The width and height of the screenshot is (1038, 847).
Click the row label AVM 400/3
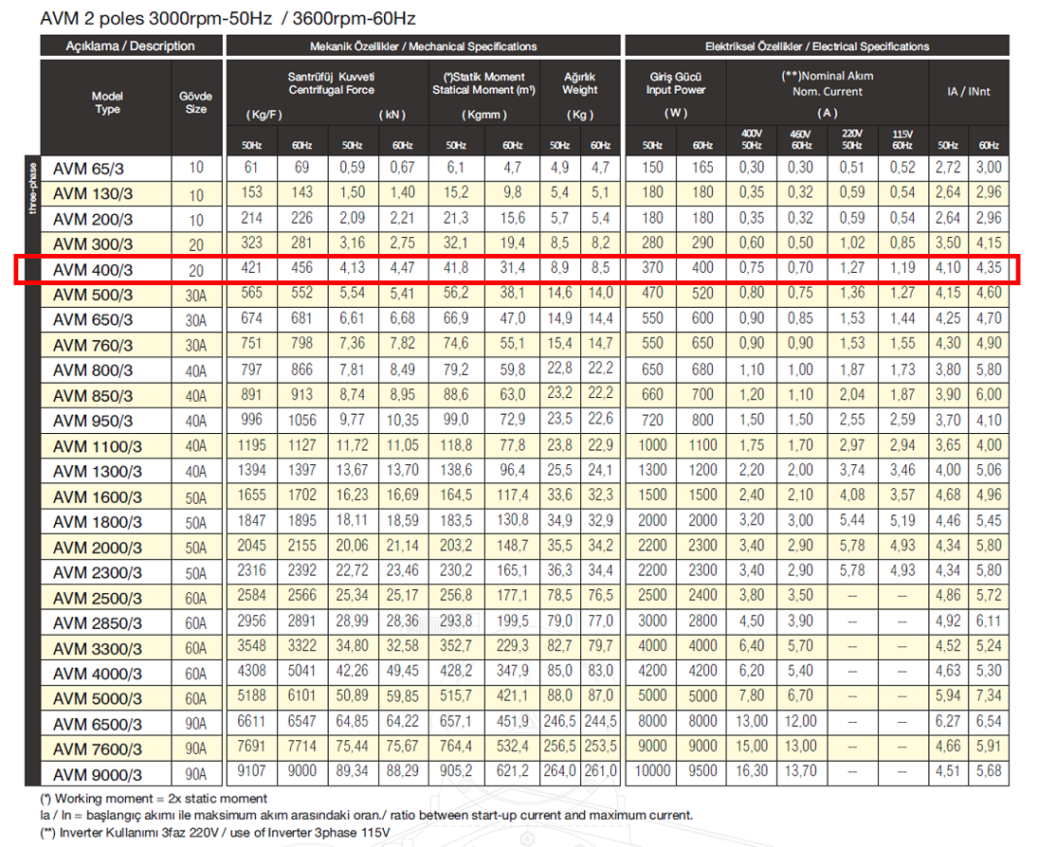click(93, 270)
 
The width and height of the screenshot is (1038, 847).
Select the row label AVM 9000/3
click(98, 774)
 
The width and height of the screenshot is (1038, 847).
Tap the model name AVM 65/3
click(88, 169)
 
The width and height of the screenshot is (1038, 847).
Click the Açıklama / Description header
click(131, 46)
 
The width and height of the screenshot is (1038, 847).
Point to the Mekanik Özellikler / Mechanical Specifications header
click(424, 46)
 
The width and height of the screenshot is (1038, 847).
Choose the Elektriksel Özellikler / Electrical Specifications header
click(817, 46)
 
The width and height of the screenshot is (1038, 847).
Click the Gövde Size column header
click(196, 102)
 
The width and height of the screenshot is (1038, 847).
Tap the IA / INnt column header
click(969, 91)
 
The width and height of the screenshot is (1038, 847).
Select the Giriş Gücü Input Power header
click(676, 83)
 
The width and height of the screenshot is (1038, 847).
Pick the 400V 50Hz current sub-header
click(752, 139)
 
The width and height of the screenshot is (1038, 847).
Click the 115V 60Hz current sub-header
click(902, 139)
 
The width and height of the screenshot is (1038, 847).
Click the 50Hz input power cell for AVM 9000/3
click(652, 771)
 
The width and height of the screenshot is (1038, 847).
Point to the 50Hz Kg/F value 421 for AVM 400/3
click(251, 268)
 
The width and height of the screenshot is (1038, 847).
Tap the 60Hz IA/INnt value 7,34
click(989, 696)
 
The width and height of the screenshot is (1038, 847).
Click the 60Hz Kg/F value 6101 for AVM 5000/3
click(301, 696)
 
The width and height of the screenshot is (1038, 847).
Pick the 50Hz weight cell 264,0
click(560, 771)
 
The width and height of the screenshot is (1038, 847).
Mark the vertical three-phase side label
click(32, 188)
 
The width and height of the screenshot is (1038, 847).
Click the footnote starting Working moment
click(154, 799)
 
